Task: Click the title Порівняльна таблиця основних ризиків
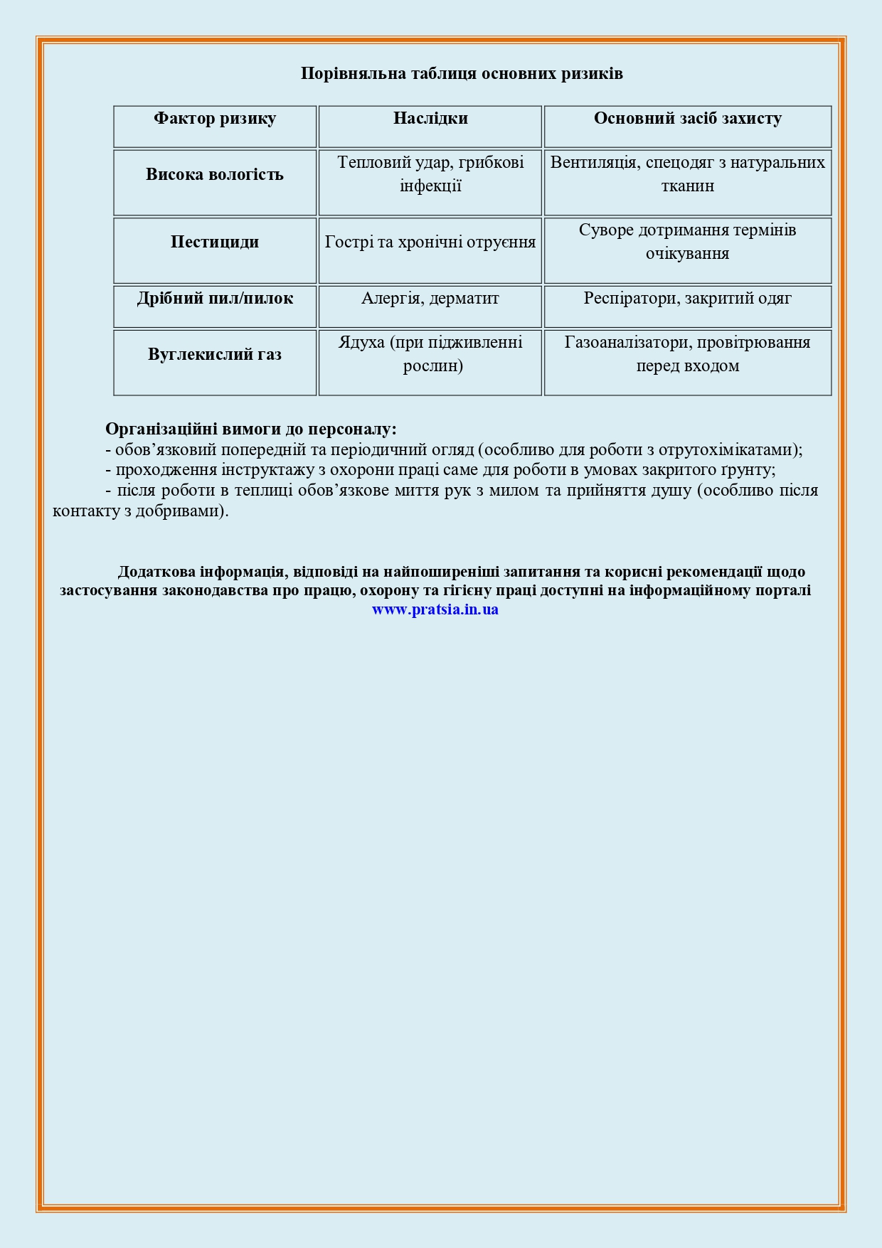[462, 74]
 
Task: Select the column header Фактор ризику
[215, 119]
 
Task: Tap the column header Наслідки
[430, 119]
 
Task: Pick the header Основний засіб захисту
[687, 119]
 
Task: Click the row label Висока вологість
[215, 175]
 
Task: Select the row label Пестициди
[215, 242]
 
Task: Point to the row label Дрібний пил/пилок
[215, 299]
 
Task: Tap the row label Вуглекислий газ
[215, 355]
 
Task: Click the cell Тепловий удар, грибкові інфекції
[430, 174]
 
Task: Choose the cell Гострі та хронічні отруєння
[430, 242]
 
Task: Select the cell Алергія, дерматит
[430, 299]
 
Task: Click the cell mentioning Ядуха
[430, 354]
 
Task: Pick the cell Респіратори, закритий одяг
[687, 299]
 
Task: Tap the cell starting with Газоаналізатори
[687, 354]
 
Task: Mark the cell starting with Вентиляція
[687, 174]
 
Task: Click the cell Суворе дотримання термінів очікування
[687, 242]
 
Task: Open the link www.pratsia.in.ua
[435, 609]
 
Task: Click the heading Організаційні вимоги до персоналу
[251, 430]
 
